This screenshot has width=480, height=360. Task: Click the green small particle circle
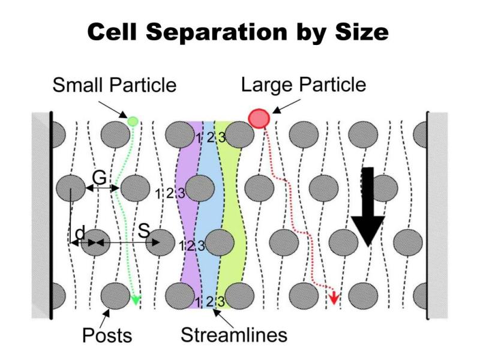click(x=133, y=121)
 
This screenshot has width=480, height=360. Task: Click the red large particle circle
click(x=259, y=118)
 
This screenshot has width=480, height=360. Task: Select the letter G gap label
click(x=100, y=177)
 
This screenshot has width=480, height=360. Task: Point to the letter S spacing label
click(x=144, y=231)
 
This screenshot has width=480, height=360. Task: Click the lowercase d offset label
click(x=80, y=233)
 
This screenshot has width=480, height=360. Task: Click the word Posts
click(x=107, y=335)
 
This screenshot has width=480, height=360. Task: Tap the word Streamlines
click(x=234, y=335)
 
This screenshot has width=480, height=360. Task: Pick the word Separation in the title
click(x=217, y=33)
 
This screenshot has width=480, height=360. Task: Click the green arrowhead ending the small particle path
click(x=136, y=299)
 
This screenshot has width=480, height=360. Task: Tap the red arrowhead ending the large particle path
click(x=334, y=298)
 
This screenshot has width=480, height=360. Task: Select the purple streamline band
click(x=190, y=214)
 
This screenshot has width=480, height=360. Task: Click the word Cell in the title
click(x=112, y=32)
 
